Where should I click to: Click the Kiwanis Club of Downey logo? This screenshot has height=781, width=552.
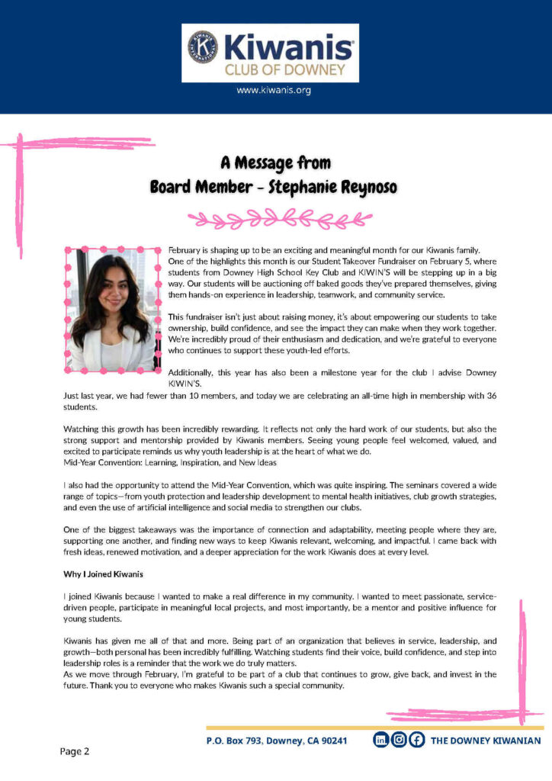(x=270, y=53)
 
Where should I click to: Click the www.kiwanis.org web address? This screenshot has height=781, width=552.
(x=274, y=90)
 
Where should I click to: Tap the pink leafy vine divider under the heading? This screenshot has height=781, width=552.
(x=275, y=220)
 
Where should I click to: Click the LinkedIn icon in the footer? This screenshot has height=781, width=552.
(x=380, y=740)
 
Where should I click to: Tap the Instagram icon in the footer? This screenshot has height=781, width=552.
(x=398, y=740)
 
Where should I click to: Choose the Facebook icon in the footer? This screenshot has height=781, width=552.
(x=416, y=740)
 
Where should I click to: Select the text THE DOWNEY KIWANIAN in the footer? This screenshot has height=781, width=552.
(x=486, y=741)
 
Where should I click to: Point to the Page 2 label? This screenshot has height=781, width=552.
(x=75, y=751)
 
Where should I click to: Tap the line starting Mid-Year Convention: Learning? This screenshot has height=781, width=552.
(x=169, y=463)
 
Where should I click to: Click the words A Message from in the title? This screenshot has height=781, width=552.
(x=275, y=162)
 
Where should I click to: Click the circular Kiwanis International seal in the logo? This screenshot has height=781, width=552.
(x=201, y=45)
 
